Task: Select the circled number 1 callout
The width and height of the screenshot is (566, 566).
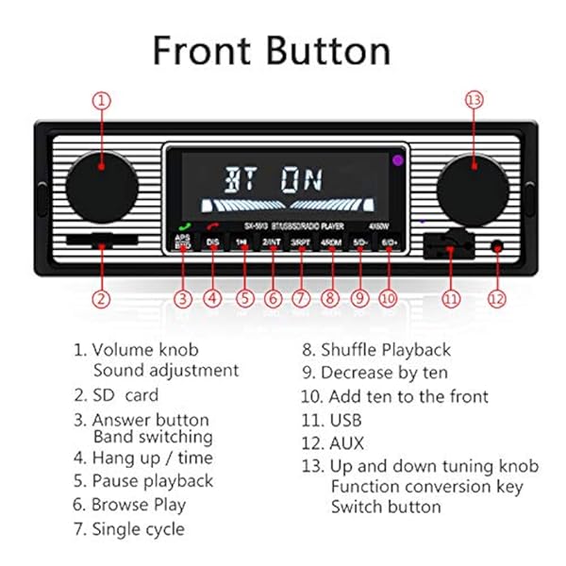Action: (x=102, y=100)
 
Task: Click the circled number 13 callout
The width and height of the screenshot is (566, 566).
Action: (x=474, y=100)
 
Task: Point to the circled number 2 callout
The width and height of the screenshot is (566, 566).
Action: (x=102, y=299)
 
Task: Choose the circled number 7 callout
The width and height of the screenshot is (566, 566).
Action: (x=301, y=299)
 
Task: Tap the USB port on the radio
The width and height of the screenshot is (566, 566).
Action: (x=448, y=248)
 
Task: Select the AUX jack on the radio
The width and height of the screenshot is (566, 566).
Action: (x=496, y=247)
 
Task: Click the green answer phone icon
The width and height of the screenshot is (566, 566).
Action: (x=183, y=226)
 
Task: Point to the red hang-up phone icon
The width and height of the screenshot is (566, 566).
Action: (x=213, y=227)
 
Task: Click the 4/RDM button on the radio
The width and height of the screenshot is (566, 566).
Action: (x=330, y=242)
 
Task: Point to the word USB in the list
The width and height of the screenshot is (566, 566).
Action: (x=345, y=420)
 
